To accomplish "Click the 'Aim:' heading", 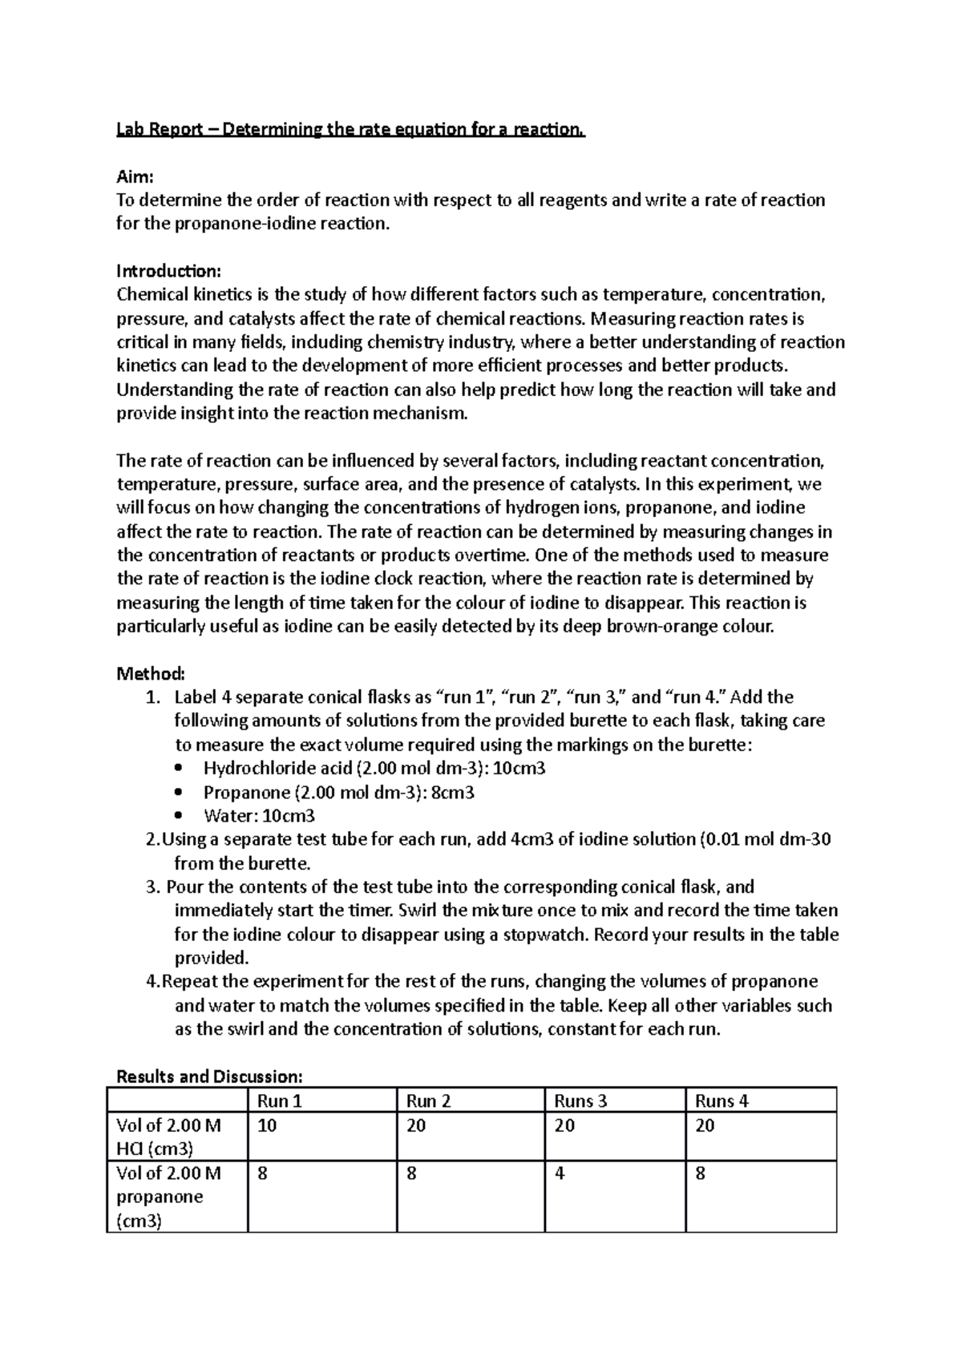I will click(x=134, y=176).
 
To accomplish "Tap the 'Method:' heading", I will click(x=151, y=673).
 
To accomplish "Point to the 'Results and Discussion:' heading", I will click(x=209, y=1076).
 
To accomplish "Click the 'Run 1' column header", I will click(x=279, y=1101).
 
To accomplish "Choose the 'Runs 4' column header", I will click(x=721, y=1101).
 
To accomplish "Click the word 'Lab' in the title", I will click(x=130, y=129).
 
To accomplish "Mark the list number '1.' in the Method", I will click(x=154, y=697).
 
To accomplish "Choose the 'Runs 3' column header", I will click(x=580, y=1101).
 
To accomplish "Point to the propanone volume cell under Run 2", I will click(x=411, y=1173).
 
